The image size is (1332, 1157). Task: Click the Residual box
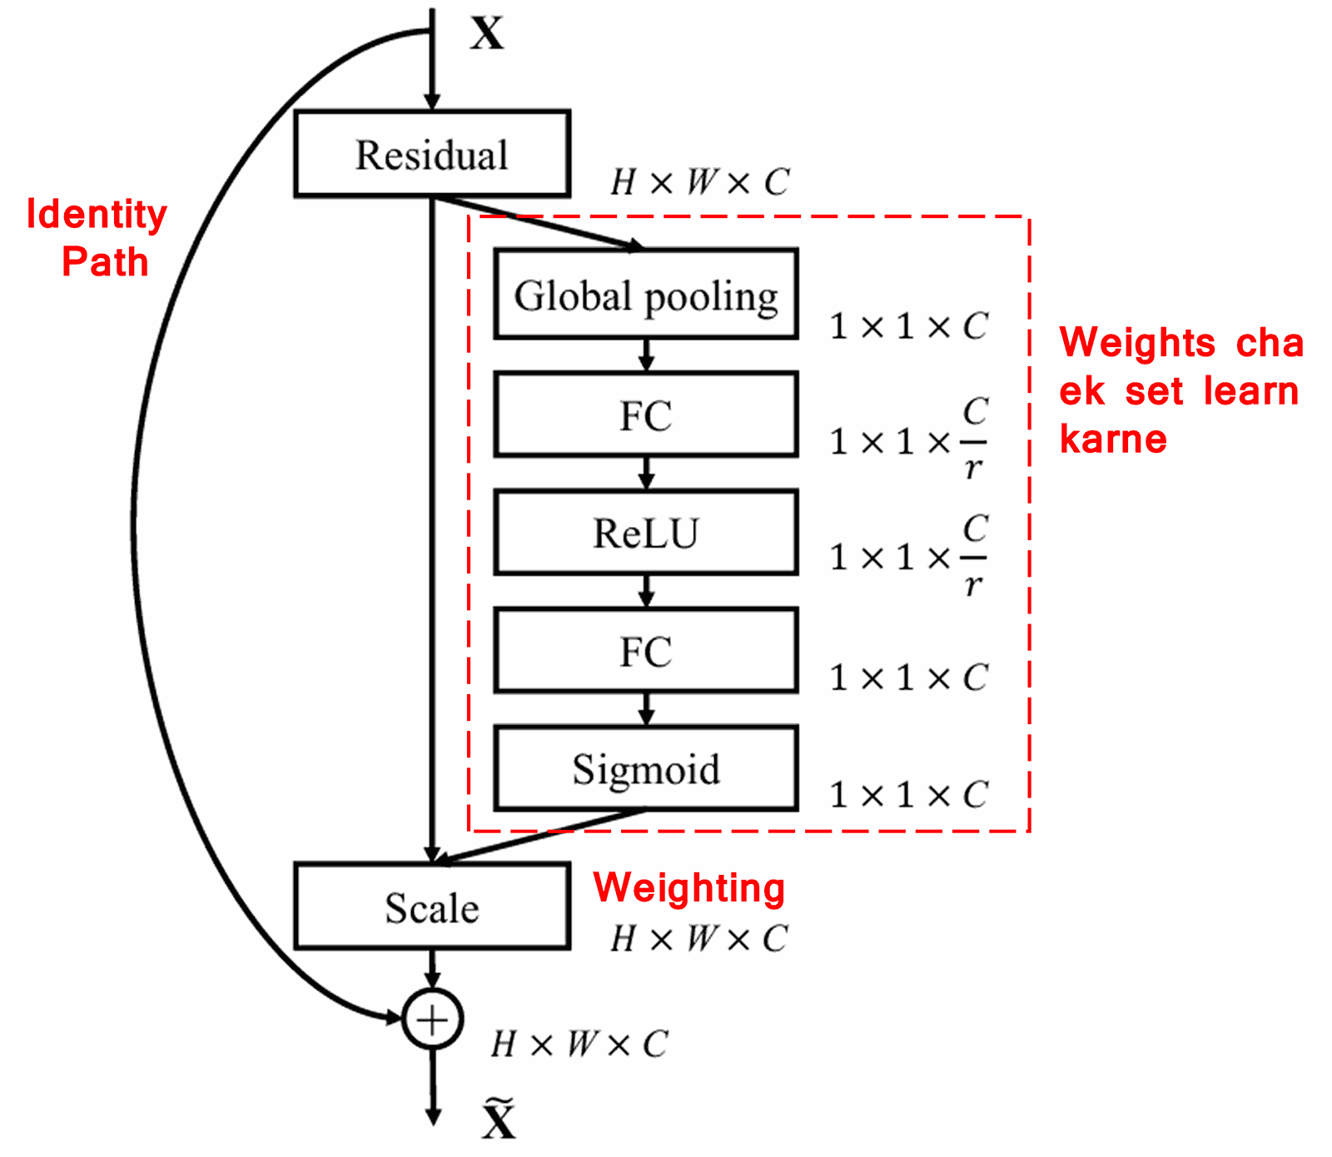pyautogui.click(x=431, y=154)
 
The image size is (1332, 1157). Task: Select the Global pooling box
pyautogui.click(x=645, y=294)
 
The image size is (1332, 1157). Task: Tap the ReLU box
pyautogui.click(x=645, y=533)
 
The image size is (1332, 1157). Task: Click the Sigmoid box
pyautogui.click(x=645, y=767)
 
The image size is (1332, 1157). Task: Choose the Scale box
pyautogui.click(x=431, y=906)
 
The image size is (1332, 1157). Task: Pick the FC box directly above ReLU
pyautogui.click(x=645, y=415)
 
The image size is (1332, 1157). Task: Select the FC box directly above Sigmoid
pyautogui.click(x=645, y=650)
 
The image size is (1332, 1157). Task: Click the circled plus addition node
pyautogui.click(x=432, y=1019)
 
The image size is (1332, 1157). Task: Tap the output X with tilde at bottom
pyautogui.click(x=498, y=1120)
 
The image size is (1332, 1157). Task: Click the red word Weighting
pyautogui.click(x=688, y=888)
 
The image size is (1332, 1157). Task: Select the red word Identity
pyautogui.click(x=97, y=215)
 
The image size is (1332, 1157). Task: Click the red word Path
pyautogui.click(x=105, y=262)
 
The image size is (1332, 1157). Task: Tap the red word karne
pyautogui.click(x=1113, y=439)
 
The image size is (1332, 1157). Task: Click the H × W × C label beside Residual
pyautogui.click(x=699, y=182)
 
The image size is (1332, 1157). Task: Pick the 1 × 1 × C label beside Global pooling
pyautogui.click(x=908, y=326)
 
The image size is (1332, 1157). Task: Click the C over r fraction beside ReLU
pyautogui.click(x=974, y=556)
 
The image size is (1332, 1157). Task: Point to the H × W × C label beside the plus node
pyautogui.click(x=579, y=1044)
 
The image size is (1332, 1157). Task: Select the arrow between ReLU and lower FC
pyautogui.click(x=646, y=591)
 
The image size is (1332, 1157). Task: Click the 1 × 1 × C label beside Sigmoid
pyautogui.click(x=908, y=795)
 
